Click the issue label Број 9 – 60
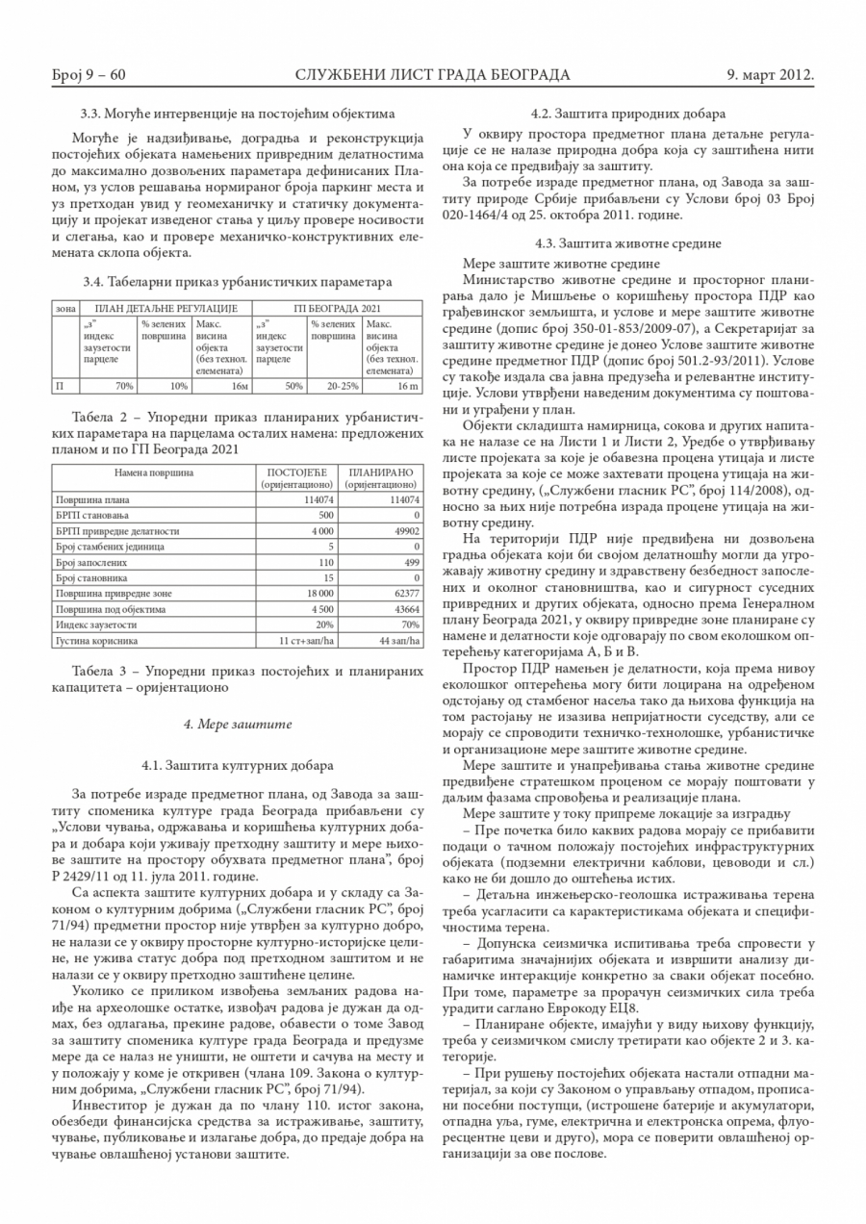[x=89, y=75]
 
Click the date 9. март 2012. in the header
[x=770, y=75]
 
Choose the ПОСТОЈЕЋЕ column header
[x=297, y=479]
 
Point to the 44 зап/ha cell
[x=398, y=640]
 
